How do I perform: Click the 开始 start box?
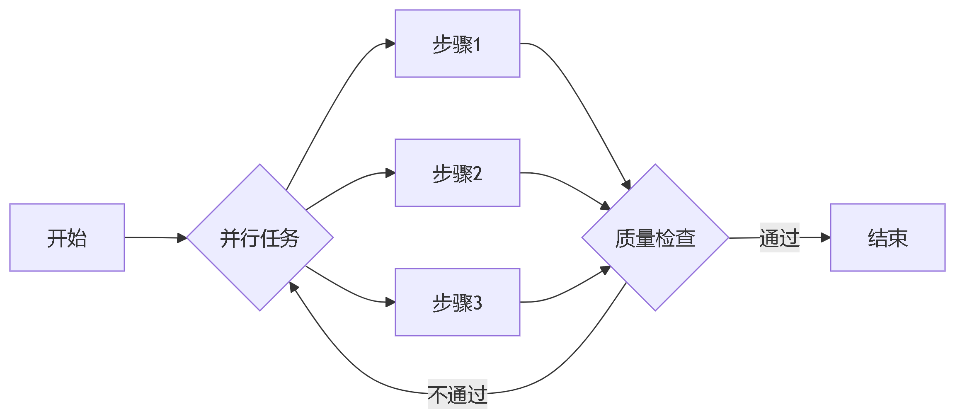(x=67, y=237)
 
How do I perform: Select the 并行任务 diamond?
(x=260, y=237)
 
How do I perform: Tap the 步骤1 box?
(x=457, y=44)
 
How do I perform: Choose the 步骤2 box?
(x=457, y=173)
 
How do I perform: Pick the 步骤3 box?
(x=457, y=302)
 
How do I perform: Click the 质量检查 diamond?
(x=655, y=237)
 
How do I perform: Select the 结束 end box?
(x=887, y=237)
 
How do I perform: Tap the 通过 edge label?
(x=779, y=237)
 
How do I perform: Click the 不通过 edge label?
(x=457, y=394)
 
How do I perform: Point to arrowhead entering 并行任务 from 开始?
(x=182, y=238)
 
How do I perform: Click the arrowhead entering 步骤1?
(x=390, y=44)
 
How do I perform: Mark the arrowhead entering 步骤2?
(x=390, y=173)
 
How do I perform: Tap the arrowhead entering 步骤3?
(x=390, y=302)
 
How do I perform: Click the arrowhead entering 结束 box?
(x=825, y=237)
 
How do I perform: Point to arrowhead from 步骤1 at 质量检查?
(x=627, y=185)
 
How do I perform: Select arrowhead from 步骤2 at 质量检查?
(x=606, y=206)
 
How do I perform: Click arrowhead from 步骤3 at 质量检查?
(x=606, y=270)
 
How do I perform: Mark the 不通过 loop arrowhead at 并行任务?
(x=293, y=287)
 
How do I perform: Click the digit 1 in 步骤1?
(x=477, y=44)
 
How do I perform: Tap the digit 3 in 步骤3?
(x=477, y=303)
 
